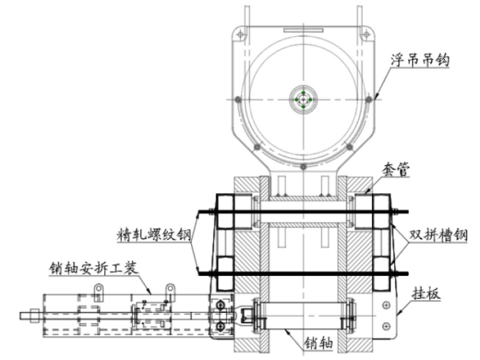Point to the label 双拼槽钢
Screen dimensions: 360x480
(438, 236)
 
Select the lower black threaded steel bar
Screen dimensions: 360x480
(303, 273)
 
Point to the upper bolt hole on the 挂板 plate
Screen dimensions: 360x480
(386, 305)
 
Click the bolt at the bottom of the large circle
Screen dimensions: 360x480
(303, 167)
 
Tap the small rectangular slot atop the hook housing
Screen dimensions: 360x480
(303, 29)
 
